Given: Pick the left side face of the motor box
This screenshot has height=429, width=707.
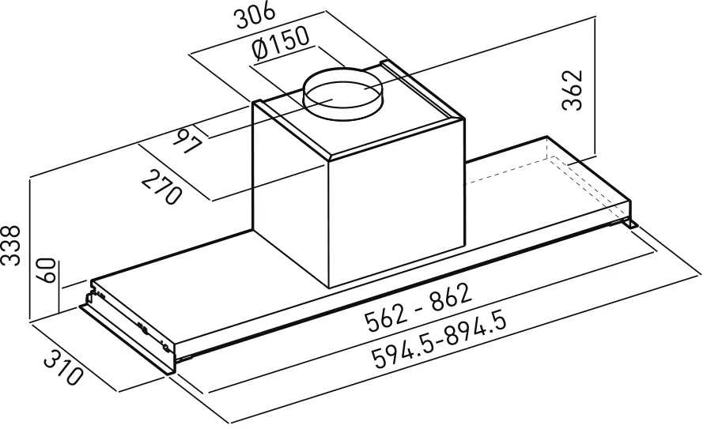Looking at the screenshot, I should [289, 190].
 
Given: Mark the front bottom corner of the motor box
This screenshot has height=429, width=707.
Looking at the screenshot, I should [331, 285].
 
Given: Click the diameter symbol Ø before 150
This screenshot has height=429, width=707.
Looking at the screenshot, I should [260, 53].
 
